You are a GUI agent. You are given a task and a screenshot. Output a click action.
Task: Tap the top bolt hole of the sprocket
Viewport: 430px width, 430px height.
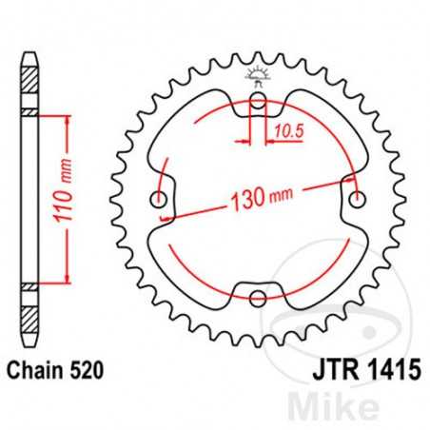[258, 104]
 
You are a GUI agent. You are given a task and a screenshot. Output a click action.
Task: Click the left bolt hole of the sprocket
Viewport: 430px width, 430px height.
[159, 201]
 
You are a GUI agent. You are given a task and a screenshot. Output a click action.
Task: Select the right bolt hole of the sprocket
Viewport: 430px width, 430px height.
[357, 201]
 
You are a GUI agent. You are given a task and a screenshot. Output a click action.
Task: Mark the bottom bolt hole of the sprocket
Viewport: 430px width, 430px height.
[258, 299]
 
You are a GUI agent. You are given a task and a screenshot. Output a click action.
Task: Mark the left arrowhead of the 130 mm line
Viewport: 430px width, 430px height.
[168, 217]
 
